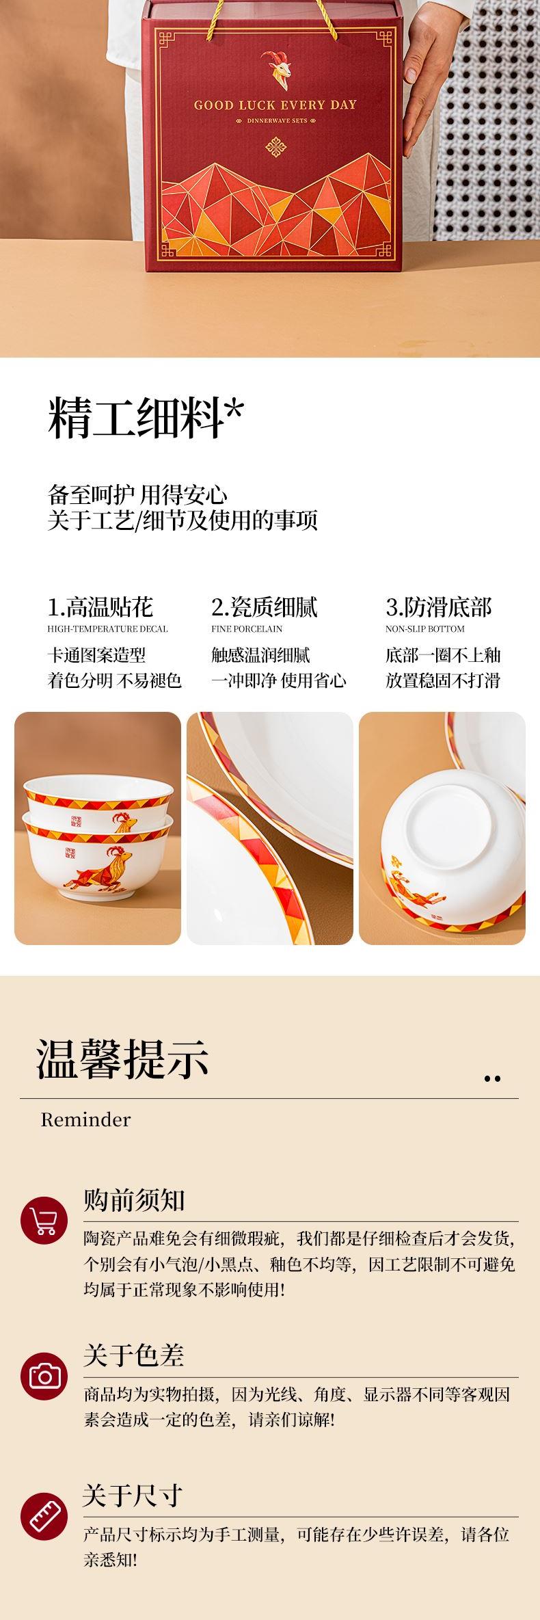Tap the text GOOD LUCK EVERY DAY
click(275, 105)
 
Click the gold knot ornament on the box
click(275, 148)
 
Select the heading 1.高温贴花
click(100, 607)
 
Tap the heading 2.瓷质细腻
click(265, 607)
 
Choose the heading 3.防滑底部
click(439, 607)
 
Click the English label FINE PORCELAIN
click(247, 629)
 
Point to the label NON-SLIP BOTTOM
click(425, 629)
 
